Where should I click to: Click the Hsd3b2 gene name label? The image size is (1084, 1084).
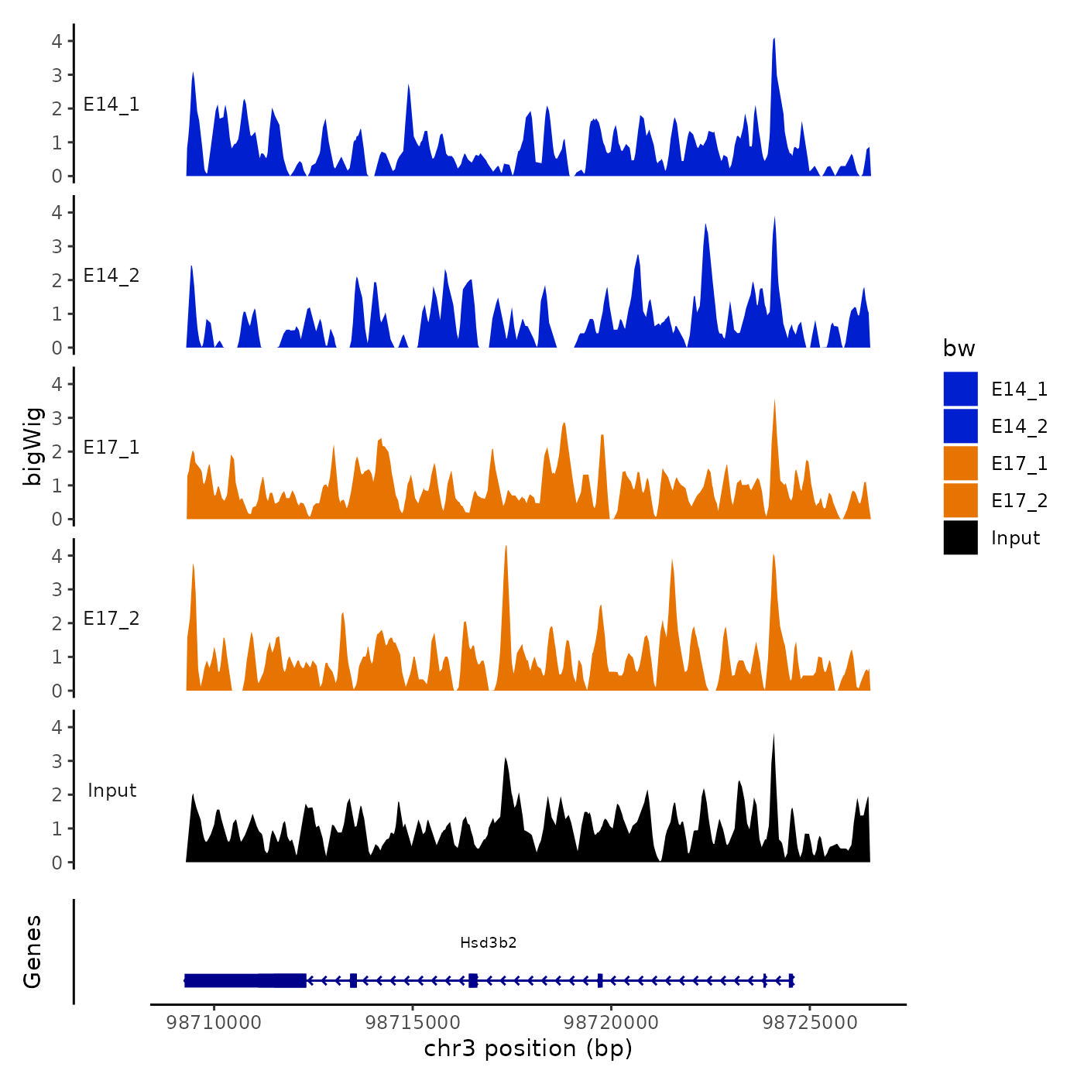pos(488,942)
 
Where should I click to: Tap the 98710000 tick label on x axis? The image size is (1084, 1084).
pos(214,1022)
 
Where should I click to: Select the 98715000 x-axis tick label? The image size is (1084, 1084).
pos(413,1022)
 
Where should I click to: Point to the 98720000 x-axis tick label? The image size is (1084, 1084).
pos(611,1022)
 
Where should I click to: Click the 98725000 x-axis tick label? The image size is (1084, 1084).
pos(810,1022)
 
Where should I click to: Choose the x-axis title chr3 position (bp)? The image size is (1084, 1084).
pos(528,1048)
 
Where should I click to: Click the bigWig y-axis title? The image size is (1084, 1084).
pos(33,446)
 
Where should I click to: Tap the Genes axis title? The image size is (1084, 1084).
pos(33,952)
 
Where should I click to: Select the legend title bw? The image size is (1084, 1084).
pos(959,348)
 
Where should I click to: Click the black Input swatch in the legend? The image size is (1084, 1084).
pos(960,538)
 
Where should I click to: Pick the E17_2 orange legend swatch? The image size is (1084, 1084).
pos(960,501)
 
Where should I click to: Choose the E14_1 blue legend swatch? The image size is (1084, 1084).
pos(960,389)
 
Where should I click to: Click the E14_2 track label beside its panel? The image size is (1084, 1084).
pos(111,276)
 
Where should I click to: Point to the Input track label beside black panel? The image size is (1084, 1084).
pos(111,791)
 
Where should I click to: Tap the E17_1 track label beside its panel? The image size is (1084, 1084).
pos(111,448)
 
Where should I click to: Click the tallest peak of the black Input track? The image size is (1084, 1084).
pos(774,736)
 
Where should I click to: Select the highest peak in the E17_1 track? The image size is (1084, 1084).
pos(774,402)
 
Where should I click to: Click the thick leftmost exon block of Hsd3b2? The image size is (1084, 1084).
pos(245,980)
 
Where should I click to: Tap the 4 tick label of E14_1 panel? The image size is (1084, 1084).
pos(57,41)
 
